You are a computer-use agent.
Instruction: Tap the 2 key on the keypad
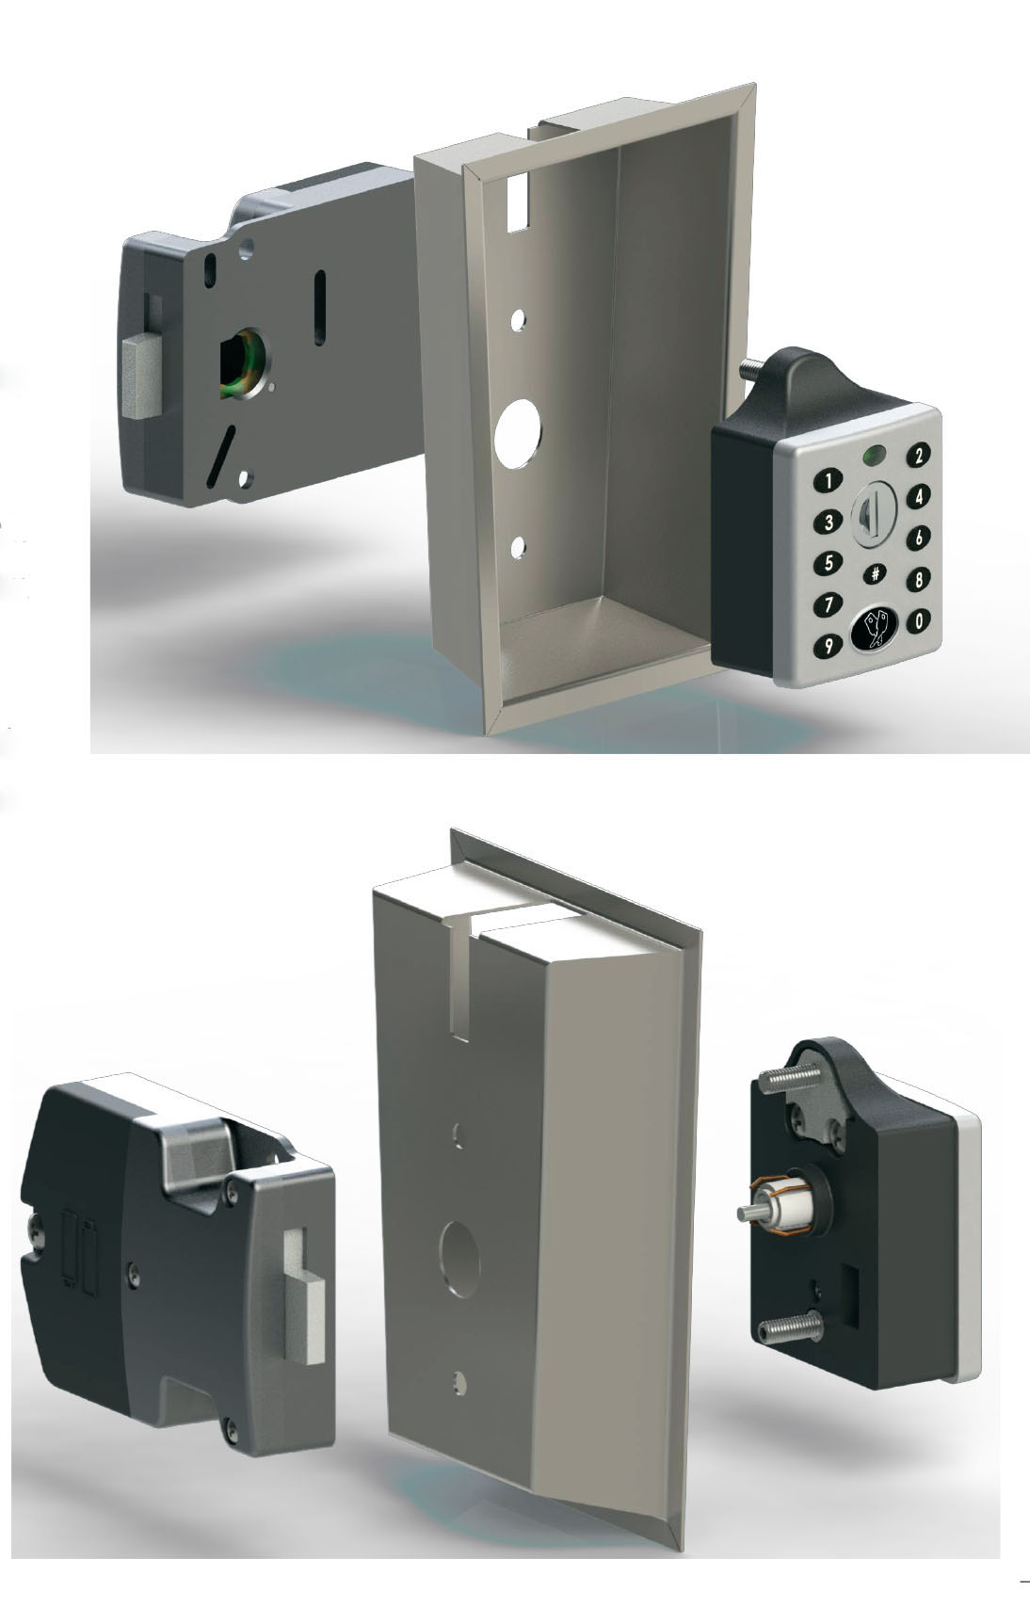point(917,456)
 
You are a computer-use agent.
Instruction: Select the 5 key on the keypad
point(828,564)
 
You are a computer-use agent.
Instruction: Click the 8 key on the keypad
point(918,579)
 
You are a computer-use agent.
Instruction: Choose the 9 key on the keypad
point(829,647)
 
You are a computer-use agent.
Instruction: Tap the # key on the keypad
point(875,572)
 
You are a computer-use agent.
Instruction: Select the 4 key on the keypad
point(918,497)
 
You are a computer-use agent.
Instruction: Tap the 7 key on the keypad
point(828,603)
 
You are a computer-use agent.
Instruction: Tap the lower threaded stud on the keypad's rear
point(791,1329)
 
